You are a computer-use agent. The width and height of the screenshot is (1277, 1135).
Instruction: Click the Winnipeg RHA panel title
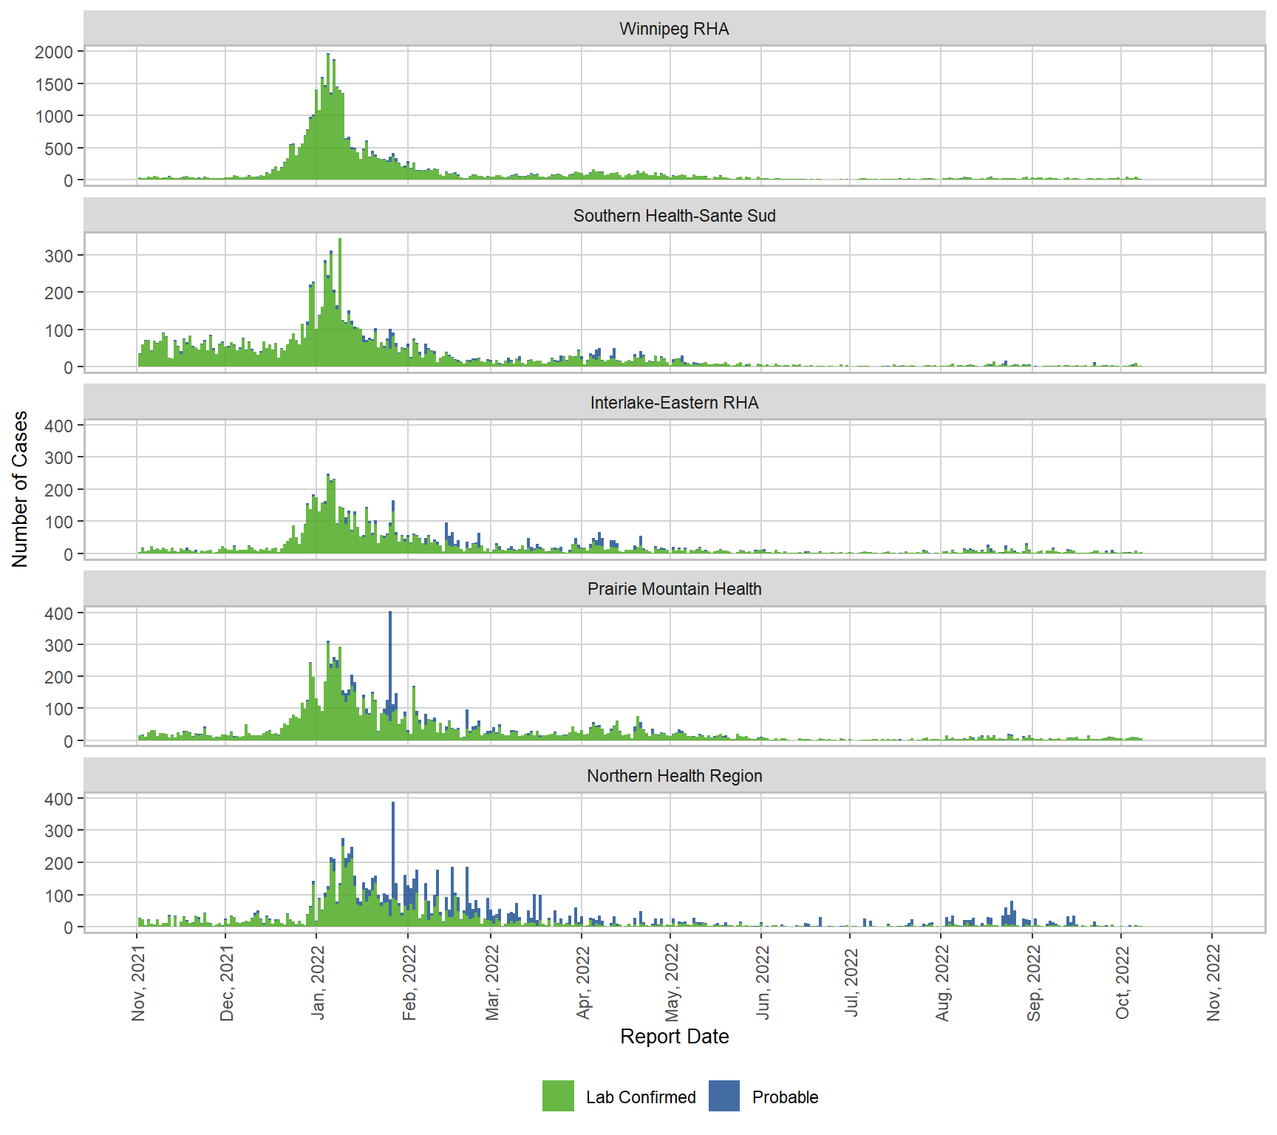[674, 29]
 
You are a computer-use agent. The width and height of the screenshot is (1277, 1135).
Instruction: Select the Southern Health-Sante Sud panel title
[674, 216]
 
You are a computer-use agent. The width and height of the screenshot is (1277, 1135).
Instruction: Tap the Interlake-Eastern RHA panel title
[674, 403]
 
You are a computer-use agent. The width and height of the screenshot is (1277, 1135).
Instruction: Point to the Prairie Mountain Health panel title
[674, 589]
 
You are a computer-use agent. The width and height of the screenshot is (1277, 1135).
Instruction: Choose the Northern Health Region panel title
[674, 776]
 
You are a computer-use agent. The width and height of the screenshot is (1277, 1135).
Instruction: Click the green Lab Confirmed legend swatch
[558, 1096]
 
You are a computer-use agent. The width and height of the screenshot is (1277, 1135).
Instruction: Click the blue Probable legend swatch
[723, 1096]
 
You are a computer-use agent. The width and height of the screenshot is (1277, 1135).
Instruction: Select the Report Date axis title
[674, 1036]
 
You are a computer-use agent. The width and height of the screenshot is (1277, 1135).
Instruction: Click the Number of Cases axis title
[20, 488]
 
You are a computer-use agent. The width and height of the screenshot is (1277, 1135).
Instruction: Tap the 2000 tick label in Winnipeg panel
[54, 52]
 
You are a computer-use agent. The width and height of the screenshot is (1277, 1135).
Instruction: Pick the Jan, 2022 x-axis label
[318, 983]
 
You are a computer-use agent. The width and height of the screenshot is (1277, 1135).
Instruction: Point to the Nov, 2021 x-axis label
[138, 983]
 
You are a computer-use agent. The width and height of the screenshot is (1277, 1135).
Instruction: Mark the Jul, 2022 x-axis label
[851, 983]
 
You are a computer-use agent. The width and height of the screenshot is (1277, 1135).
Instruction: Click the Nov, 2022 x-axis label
[1213, 983]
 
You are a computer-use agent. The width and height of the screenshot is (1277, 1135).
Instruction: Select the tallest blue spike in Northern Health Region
[393, 842]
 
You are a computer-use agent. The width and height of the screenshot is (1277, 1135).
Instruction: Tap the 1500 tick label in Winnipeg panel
[54, 84]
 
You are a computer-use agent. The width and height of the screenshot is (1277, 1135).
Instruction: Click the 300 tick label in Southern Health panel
[58, 256]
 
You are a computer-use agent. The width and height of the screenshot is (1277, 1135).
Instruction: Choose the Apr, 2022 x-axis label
[583, 983]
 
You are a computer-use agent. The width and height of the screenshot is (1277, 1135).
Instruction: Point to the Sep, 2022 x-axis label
[1033, 983]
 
